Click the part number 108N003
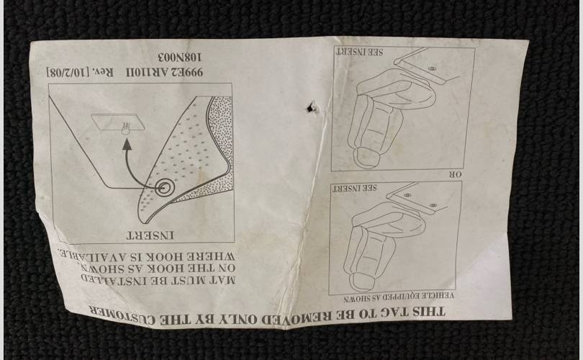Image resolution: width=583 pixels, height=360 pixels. [x=181, y=58]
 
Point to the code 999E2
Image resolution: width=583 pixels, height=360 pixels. [x=188, y=72]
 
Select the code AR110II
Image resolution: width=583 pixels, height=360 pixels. [x=147, y=72]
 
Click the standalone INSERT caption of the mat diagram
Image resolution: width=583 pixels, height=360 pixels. [x=150, y=235]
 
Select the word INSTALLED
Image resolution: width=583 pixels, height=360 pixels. [x=111, y=279]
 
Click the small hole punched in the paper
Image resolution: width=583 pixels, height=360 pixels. [x=310, y=107]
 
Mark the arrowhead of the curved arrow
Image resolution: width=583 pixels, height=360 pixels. [x=127, y=144]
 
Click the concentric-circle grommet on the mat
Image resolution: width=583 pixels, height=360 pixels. [x=164, y=188]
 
